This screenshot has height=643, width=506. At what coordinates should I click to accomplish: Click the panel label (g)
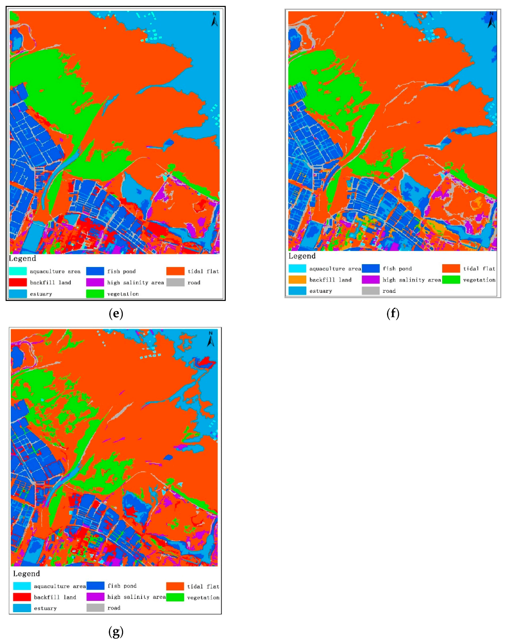tap(116, 632)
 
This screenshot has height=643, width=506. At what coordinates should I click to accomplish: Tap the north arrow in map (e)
tap(215, 19)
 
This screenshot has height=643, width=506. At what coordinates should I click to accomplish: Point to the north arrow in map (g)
tap(211, 339)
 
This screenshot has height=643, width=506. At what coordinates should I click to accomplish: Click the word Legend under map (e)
tap(23, 258)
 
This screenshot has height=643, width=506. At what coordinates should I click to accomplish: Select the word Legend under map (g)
tap(26, 574)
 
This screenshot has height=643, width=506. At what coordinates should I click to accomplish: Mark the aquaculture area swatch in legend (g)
tap(22, 586)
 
